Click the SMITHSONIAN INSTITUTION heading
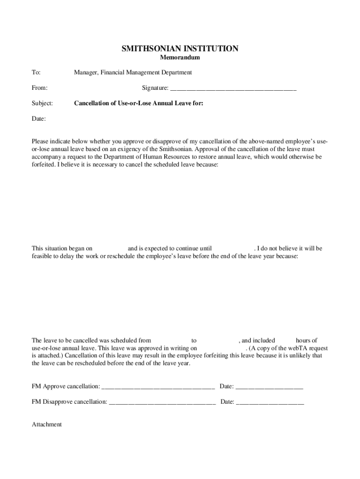tap(180, 48)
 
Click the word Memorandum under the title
tap(180, 58)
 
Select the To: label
tap(36, 73)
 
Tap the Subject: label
tap(42, 103)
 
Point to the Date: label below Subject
tap(38, 119)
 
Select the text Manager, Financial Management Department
tap(133, 73)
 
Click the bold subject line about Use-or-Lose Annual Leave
tap(138, 103)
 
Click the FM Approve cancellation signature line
tap(158, 386)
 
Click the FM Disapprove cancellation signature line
tap(162, 402)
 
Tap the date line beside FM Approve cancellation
tap(269, 386)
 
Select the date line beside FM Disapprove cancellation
tap(270, 402)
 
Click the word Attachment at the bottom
tap(47, 424)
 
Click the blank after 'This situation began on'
tap(110, 248)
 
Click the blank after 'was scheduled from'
tap(171, 341)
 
